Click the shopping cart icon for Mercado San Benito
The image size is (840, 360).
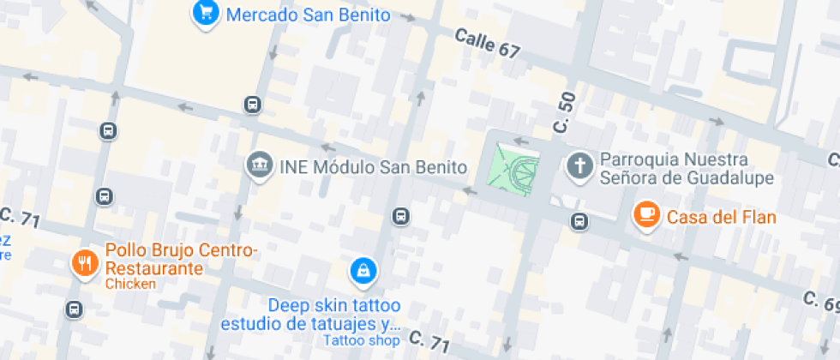205,12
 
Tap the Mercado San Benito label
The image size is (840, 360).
309,15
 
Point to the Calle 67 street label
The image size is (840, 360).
487,43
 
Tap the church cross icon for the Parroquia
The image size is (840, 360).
580,166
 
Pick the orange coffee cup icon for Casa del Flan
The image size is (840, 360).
647,215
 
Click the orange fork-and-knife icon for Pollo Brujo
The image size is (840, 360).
84,263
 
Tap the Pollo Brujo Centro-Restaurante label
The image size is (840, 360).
180,259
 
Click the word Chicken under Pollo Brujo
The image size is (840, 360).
131,284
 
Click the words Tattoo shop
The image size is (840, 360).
361,339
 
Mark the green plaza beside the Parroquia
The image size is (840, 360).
514,168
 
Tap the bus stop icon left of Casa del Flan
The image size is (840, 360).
579,222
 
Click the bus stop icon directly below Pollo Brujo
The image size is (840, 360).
75,309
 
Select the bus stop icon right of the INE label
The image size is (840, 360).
400,215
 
